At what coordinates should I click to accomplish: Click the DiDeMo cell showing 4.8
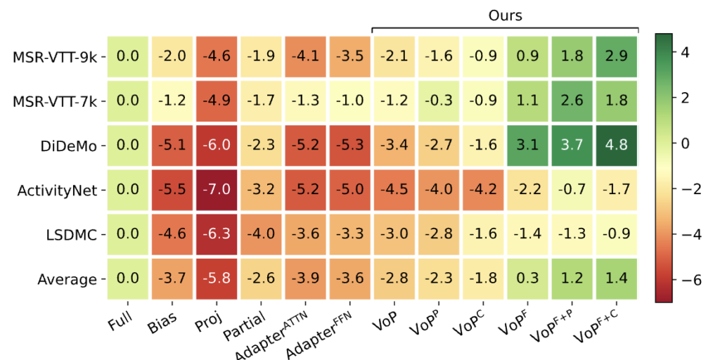click(616, 146)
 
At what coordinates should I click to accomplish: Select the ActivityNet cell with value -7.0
click(217, 190)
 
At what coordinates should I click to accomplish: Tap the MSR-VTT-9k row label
click(54, 56)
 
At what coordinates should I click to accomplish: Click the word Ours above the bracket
click(505, 15)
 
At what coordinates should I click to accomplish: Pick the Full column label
click(120, 324)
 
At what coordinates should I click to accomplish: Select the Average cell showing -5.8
click(217, 279)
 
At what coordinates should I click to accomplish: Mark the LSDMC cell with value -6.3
click(217, 235)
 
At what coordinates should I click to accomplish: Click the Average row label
click(67, 279)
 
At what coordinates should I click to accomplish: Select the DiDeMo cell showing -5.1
click(172, 146)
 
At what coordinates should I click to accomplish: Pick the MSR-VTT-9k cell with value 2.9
click(616, 56)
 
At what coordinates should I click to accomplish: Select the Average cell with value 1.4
click(616, 279)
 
